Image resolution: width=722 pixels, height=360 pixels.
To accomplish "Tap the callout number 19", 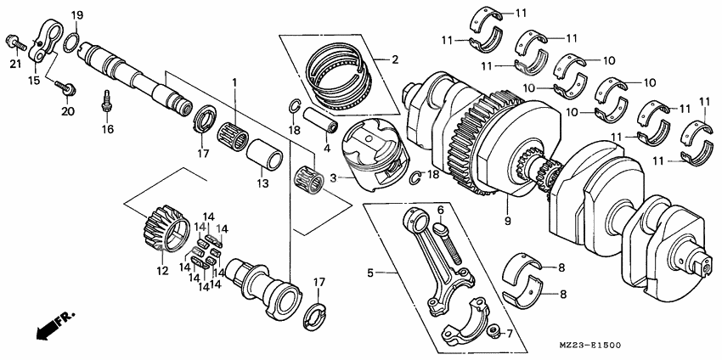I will (x=76, y=16).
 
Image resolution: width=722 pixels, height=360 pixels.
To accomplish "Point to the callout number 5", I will (x=370, y=273).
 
